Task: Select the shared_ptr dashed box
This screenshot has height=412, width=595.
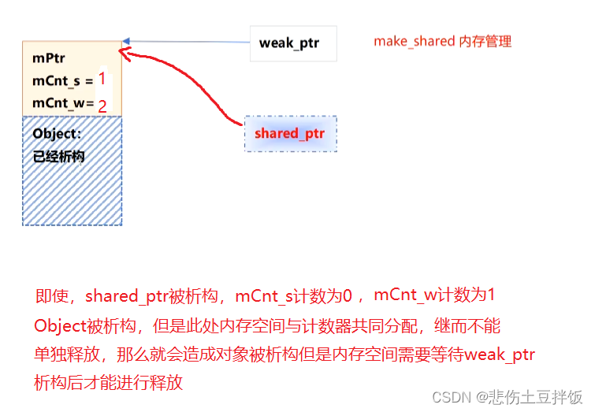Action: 290,133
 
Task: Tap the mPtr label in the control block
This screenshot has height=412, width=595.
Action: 48,58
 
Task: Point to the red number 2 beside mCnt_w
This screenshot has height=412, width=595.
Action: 102,106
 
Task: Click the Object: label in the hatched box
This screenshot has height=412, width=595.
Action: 57,134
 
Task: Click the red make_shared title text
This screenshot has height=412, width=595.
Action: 442,41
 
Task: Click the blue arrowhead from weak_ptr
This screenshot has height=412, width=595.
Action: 127,41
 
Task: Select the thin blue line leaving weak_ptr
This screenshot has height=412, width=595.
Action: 189,42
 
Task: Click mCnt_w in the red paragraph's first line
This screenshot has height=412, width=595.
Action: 403,296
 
